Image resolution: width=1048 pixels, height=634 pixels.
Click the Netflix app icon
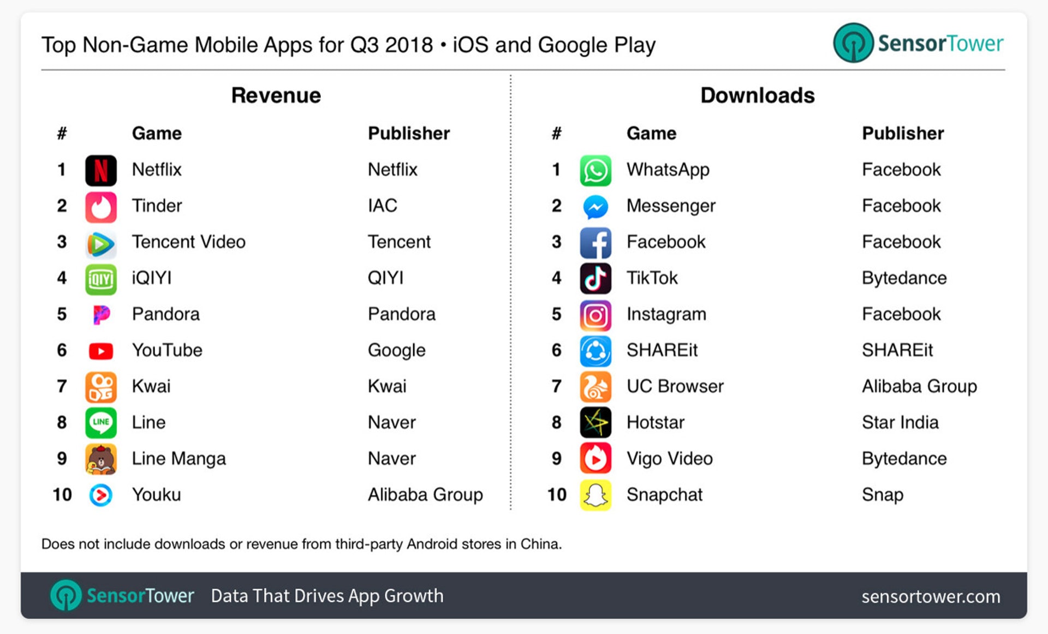(101, 170)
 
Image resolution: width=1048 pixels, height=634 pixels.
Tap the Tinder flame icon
(101, 207)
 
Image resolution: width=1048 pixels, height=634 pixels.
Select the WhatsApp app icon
(595, 170)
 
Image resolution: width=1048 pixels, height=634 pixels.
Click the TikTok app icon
(595, 279)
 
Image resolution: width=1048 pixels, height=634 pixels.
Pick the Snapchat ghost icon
(595, 495)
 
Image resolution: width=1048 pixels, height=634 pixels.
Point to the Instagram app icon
(595, 315)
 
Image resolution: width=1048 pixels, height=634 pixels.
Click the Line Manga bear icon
(101, 459)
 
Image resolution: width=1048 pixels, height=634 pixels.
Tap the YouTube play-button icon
(101, 351)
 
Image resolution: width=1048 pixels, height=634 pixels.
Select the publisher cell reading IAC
(382, 206)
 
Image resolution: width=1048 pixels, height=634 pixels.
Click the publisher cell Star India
(900, 422)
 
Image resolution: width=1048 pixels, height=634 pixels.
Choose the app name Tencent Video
(188, 242)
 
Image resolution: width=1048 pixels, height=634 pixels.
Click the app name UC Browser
(675, 386)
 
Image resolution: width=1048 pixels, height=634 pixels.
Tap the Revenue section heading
(276, 95)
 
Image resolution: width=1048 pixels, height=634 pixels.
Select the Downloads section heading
(757, 95)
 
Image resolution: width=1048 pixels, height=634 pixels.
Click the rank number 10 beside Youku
(62, 495)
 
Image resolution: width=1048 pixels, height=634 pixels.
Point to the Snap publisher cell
(882, 495)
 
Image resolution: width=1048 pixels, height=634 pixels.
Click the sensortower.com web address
(930, 596)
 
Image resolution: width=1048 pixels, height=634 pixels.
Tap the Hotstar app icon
(595, 423)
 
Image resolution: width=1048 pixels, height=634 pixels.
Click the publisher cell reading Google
(396, 350)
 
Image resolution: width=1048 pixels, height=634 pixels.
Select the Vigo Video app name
(669, 459)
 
